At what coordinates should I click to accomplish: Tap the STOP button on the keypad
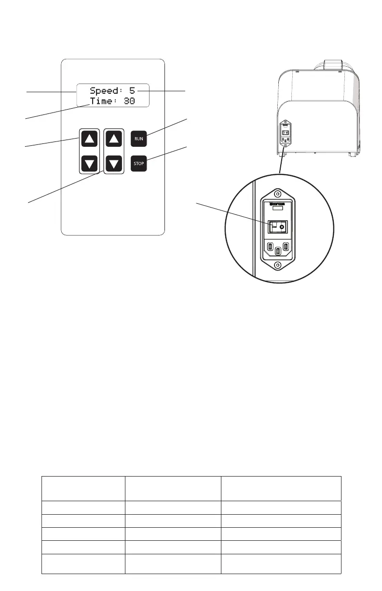(138, 164)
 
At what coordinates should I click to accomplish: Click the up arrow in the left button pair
(89, 140)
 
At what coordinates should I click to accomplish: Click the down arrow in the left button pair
(89, 164)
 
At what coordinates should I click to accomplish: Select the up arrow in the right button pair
(114, 140)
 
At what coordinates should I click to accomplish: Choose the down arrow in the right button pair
(114, 164)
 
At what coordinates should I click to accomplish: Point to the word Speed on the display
(106, 90)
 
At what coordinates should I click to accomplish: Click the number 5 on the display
(132, 90)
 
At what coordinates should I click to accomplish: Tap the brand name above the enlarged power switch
(277, 204)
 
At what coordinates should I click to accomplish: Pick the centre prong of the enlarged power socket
(277, 251)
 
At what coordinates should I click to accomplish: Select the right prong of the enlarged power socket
(286, 247)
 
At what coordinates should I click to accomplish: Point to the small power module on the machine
(285, 132)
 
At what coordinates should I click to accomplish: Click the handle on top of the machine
(331, 65)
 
